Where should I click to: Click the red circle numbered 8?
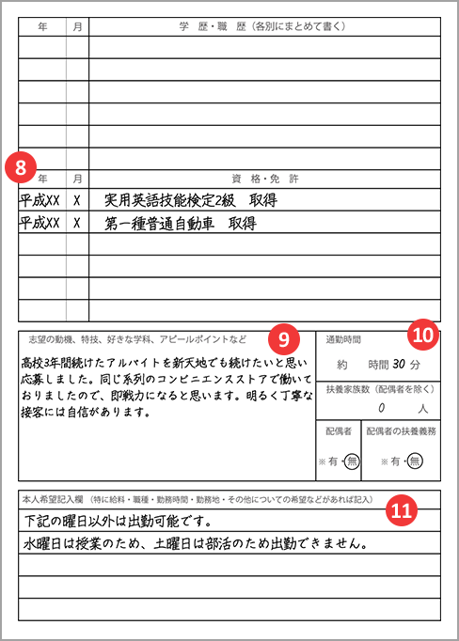(22, 166)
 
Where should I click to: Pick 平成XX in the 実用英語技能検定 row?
(40, 200)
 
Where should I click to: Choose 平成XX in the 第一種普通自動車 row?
(40, 224)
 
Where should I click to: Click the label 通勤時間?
(343, 338)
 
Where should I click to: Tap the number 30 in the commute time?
(400, 364)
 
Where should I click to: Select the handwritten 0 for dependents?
(381, 409)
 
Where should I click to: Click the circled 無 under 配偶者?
(351, 461)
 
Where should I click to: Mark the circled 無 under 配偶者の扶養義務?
(415, 461)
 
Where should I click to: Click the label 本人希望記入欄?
(54, 498)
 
